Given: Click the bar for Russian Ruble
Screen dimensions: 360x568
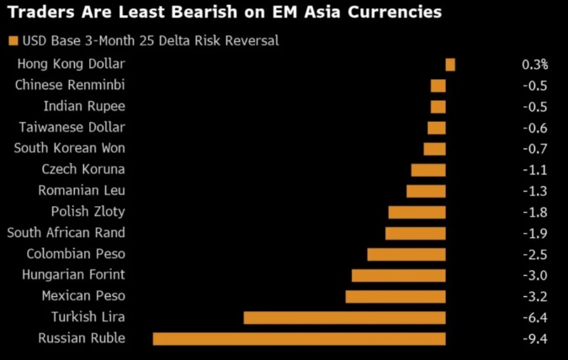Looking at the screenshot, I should pos(299,338).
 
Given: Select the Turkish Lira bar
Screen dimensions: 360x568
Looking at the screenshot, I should pos(344,317).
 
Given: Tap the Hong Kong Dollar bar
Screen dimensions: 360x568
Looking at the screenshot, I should pos(450,65).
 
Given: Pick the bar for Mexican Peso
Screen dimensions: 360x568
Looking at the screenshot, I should pos(395,296).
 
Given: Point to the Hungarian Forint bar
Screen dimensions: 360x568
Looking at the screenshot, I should pos(398,275).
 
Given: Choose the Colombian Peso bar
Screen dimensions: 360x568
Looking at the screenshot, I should pos(406,254).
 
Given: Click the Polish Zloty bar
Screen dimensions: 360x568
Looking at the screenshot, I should pos(417,212).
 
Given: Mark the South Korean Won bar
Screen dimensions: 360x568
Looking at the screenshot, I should pos(434,149).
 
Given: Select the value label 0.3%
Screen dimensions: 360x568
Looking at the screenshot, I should pos(534,64).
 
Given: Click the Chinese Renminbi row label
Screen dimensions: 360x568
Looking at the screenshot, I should pos(70,85).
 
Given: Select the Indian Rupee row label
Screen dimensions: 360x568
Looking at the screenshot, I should pos(84,106).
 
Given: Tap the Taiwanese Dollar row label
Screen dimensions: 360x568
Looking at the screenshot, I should pos(72,127).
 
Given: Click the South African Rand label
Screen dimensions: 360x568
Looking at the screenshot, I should pos(66,232).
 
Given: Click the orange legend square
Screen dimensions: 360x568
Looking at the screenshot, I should pos(12,40).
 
